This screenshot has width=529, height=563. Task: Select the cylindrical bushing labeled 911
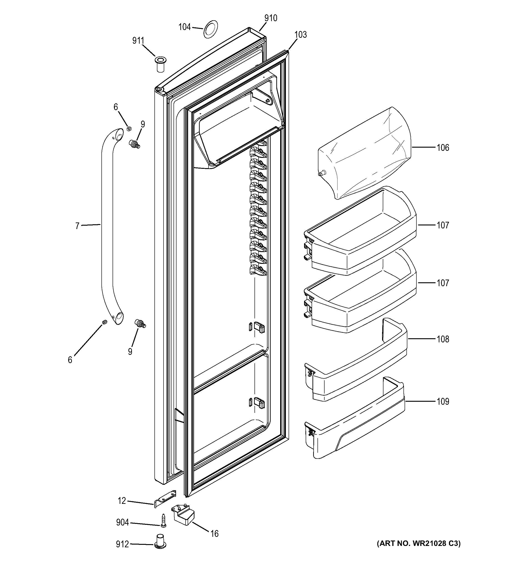pos(160,64)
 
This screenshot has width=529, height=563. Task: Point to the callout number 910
pos(271,18)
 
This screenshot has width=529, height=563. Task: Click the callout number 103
pos(300,35)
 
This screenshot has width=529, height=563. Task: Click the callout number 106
pos(443,148)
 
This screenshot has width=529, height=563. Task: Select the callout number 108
pos(443,339)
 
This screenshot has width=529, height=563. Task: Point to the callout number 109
pos(443,401)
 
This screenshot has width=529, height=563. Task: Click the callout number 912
pos(122,544)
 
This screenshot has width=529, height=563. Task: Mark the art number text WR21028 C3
pos(418,543)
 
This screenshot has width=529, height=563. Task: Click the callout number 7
pos(77,226)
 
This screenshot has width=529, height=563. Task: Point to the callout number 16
pos(214,534)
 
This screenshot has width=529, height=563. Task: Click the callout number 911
pos(138,41)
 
